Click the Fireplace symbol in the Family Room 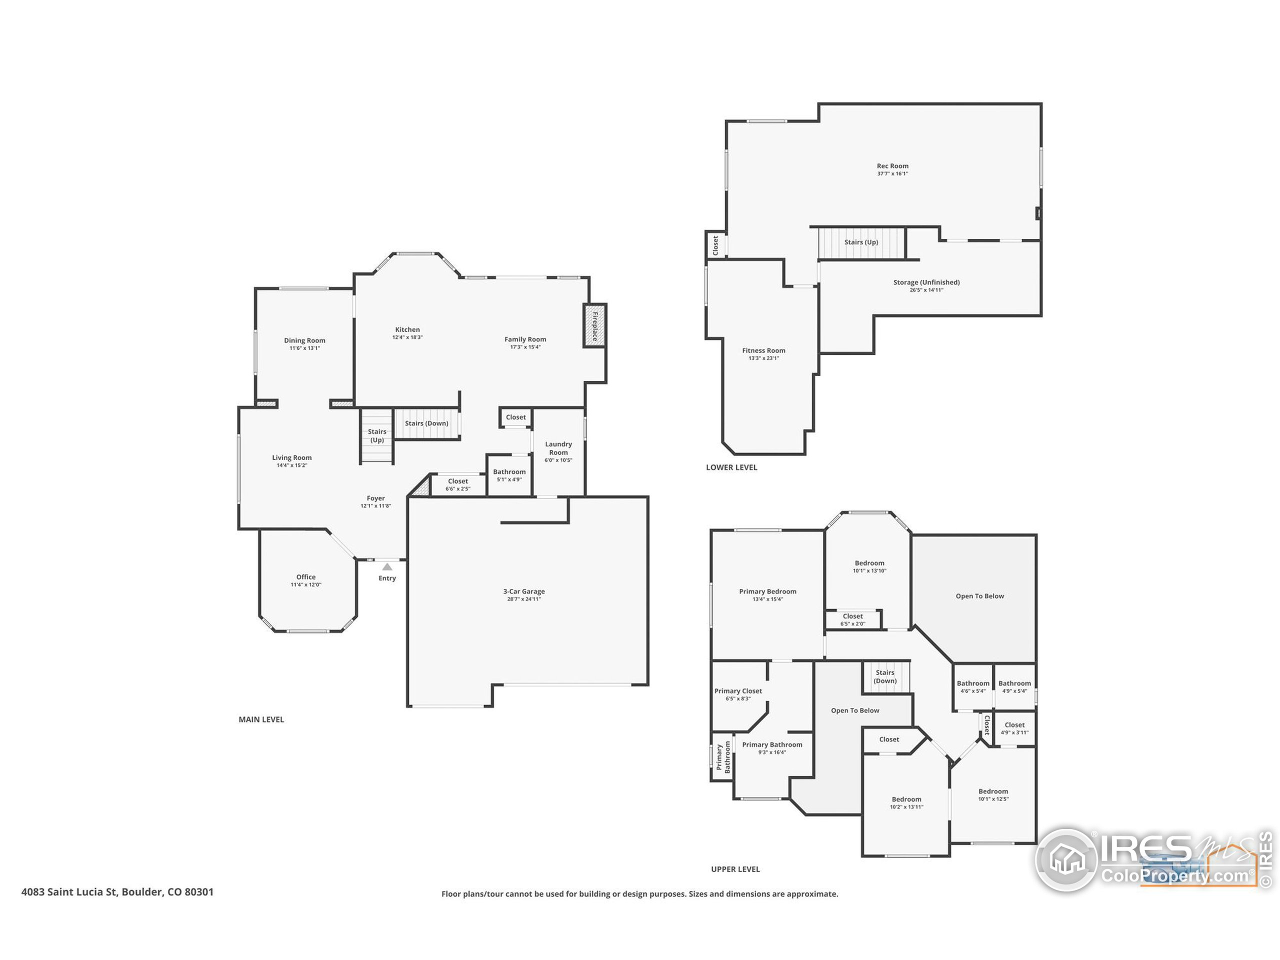click(594, 326)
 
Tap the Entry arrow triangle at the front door click(387, 566)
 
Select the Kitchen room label click(407, 330)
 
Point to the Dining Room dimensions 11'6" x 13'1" click(304, 348)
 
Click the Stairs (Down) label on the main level click(426, 423)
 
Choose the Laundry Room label click(558, 448)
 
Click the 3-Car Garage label click(523, 591)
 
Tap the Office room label click(305, 577)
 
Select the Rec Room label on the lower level click(892, 166)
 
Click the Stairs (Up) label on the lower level click(861, 242)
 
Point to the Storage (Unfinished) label click(926, 282)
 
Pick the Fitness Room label click(763, 350)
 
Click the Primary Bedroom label click(767, 591)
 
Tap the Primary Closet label click(738, 691)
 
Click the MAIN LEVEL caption click(261, 720)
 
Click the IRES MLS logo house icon click(1066, 859)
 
